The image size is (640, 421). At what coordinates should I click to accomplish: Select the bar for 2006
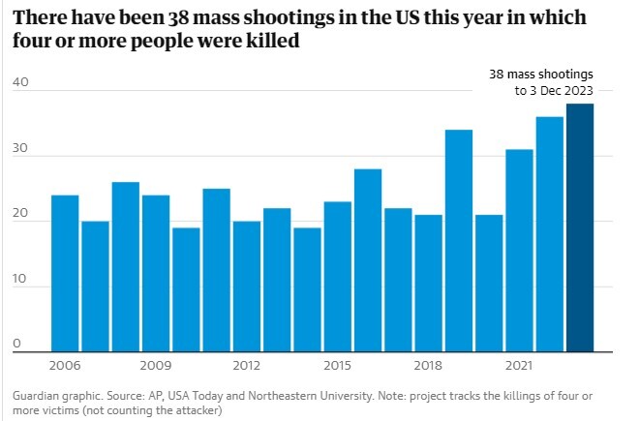[x=65, y=272]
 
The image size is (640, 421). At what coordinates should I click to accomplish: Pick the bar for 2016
[x=367, y=258]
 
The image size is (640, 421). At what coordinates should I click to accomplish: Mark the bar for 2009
[x=156, y=272]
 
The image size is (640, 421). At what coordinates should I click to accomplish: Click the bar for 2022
[x=549, y=232]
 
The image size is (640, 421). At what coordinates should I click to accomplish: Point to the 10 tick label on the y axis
[x=20, y=280]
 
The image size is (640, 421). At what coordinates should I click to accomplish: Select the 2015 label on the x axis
[x=337, y=366]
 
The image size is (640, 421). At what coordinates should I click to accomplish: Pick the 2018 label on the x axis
[x=428, y=366]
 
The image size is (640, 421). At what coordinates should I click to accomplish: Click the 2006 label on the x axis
[x=65, y=366]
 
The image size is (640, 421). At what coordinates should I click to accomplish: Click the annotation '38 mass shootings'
[x=540, y=74]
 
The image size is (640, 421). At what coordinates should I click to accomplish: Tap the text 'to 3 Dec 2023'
[x=554, y=91]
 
